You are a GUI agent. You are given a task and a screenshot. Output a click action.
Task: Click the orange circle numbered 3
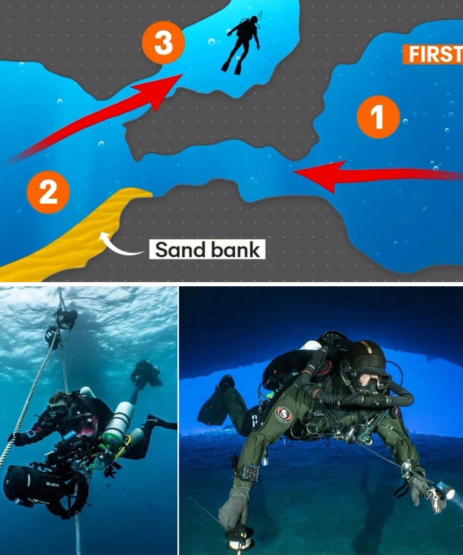[163, 43]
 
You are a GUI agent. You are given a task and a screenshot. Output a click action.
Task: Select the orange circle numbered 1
[378, 117]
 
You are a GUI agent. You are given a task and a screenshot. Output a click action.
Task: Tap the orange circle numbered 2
[48, 192]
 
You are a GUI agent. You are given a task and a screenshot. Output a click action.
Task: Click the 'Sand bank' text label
[207, 249]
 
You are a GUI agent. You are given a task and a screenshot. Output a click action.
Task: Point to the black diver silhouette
[241, 45]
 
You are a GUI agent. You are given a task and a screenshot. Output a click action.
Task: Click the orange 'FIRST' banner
[432, 55]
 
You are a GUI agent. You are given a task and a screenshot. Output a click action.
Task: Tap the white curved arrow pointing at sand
[120, 244]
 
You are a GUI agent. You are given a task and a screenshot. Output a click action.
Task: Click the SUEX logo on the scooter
[53, 484]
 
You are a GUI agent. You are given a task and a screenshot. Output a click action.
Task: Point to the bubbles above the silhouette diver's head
[259, 15]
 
